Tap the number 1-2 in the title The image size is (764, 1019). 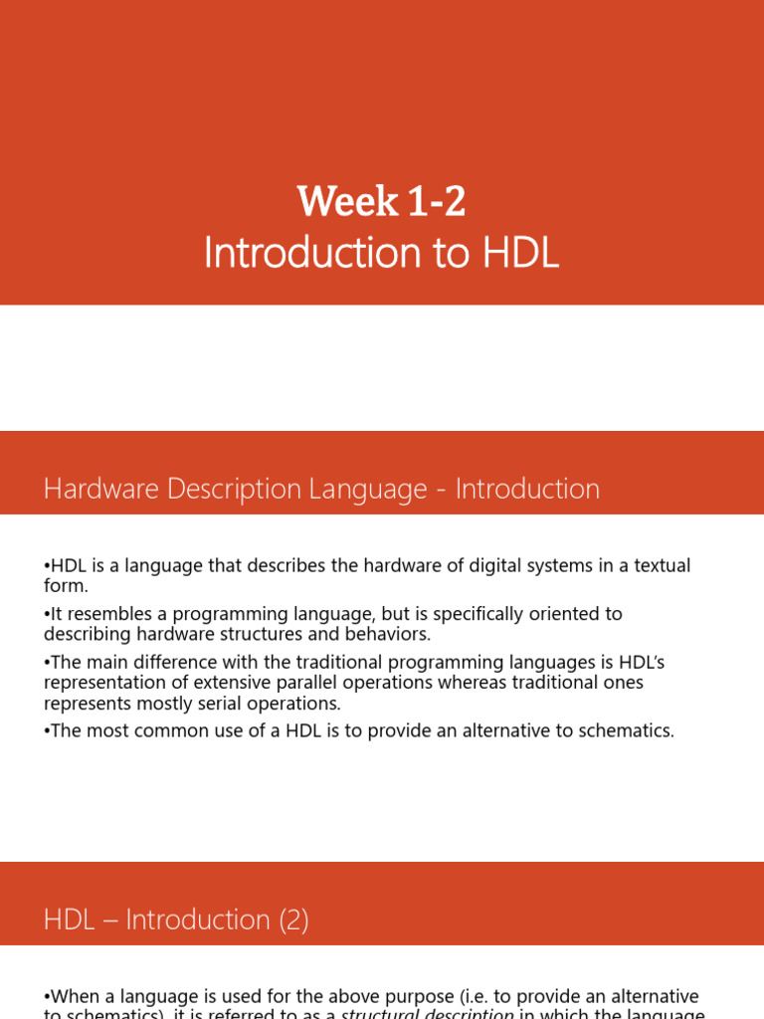click(436, 203)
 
